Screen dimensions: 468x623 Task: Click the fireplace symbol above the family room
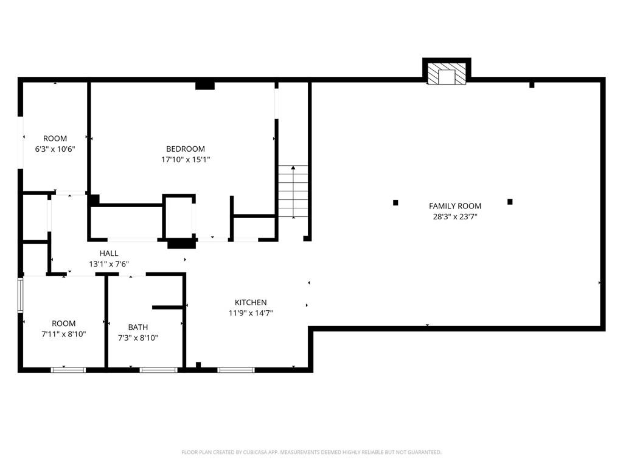coord(447,76)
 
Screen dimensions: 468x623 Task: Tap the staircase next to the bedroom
coord(293,192)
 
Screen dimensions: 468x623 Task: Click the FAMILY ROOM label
coord(455,206)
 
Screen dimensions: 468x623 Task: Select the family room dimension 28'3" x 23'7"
coord(455,216)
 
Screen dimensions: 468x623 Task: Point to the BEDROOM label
coord(186,149)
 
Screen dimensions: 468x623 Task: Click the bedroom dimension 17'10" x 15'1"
coord(186,160)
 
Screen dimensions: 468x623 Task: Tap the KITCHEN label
coord(251,302)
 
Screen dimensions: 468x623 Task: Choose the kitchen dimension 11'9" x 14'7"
coord(251,313)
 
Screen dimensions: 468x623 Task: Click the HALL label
coord(109,253)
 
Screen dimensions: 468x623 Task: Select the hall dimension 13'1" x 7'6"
coord(109,264)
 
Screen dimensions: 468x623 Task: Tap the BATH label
coord(137,327)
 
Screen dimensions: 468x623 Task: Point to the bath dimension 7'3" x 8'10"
coord(137,338)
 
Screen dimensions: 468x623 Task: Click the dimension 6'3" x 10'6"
coord(55,149)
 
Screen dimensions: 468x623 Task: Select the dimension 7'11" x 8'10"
coord(63,334)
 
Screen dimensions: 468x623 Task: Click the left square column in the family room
coord(395,202)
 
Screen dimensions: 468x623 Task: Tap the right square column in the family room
coord(510,202)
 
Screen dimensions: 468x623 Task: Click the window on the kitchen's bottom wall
coord(236,369)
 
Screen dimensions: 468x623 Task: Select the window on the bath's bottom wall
coord(158,369)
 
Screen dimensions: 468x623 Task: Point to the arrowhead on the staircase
coord(293,167)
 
